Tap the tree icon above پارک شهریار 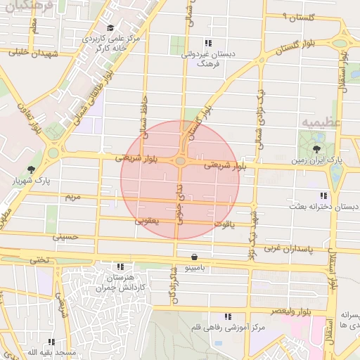click(31, 169)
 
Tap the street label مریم click(72, 197)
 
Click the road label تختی click(39, 259)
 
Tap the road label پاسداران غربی click(291, 249)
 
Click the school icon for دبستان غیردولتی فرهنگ click(207, 43)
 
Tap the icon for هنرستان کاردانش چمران click(120, 266)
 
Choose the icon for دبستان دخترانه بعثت click(323, 195)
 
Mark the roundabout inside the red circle click(181, 161)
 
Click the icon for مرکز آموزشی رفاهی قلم click(226, 317)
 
